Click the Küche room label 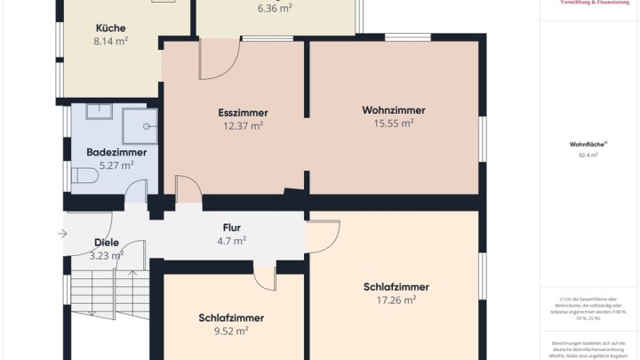pos(110,28)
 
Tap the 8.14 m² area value pos(110,41)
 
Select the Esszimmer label pos(243,113)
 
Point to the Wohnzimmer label pos(393,110)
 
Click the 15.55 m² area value pos(393,124)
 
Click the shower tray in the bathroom pos(140,125)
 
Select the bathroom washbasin pos(98,112)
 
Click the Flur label pos(231,228)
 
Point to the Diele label pos(106,243)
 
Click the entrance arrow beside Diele pos(61,234)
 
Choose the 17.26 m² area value pos(396,300)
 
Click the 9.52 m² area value pos(231,331)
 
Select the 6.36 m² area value pos(275,8)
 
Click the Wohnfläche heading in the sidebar pos(588,143)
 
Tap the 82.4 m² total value pos(588,155)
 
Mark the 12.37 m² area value pos(243,126)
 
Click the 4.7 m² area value pos(231,240)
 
